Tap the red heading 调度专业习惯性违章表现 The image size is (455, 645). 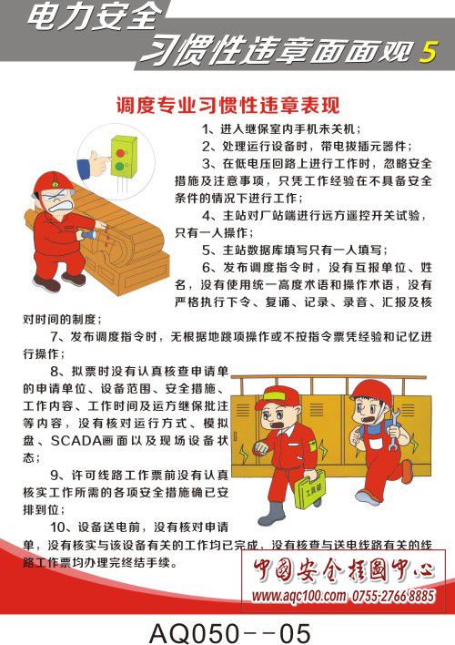tap(227, 106)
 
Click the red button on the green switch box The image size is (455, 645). tap(120, 153)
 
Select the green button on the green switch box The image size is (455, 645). tap(119, 167)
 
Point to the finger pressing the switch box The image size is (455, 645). tap(104, 159)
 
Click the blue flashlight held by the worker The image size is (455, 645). tap(87, 235)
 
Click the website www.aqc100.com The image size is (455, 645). tap(298, 595)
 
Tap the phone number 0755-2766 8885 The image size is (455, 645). tap(393, 595)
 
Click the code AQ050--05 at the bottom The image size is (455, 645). tap(229, 632)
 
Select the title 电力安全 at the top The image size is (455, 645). tap(96, 17)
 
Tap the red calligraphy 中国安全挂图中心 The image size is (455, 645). tap(343, 569)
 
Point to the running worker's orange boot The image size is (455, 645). tap(407, 471)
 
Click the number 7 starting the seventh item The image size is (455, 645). tap(55, 337)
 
